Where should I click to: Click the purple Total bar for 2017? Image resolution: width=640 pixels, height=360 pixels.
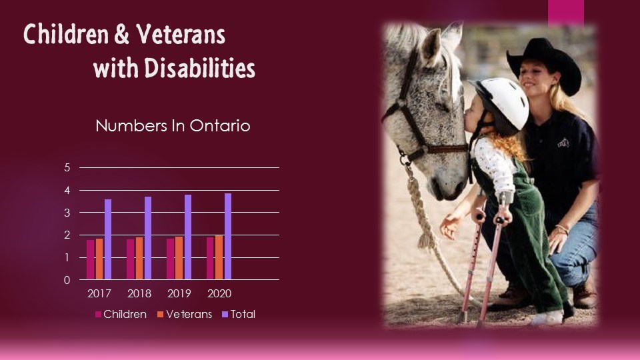click(x=108, y=239)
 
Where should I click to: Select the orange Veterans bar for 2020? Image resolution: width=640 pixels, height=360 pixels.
click(x=219, y=257)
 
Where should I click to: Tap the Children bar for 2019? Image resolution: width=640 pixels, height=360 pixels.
click(x=170, y=259)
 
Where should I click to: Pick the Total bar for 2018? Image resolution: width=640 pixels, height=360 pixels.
click(x=148, y=238)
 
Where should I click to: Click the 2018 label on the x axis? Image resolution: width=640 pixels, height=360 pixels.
click(x=139, y=293)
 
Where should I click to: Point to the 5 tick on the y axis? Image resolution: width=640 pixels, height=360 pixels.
click(x=67, y=167)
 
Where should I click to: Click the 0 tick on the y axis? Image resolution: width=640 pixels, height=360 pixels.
click(x=67, y=280)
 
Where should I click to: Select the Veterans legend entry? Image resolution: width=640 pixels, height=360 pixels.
click(x=185, y=314)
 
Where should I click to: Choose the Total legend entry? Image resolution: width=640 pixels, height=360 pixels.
click(x=239, y=314)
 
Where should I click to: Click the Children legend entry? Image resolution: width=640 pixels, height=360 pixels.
click(x=121, y=314)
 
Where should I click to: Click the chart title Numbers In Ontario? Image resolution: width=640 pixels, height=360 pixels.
click(x=173, y=126)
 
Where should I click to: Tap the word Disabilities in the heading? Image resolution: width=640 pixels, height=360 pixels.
click(x=199, y=68)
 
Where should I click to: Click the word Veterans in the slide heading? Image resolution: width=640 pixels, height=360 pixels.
click(x=181, y=34)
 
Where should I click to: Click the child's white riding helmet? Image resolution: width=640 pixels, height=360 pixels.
click(x=502, y=104)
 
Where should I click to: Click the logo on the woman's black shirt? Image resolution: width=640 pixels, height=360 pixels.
click(x=563, y=143)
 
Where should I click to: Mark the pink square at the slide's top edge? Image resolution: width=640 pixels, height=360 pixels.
click(x=566, y=12)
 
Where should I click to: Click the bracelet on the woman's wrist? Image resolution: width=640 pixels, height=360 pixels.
click(x=562, y=229)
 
